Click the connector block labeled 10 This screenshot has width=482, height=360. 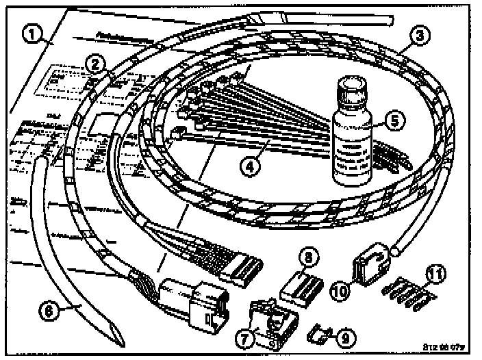(370, 263)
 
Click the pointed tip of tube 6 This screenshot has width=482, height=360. (120, 339)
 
